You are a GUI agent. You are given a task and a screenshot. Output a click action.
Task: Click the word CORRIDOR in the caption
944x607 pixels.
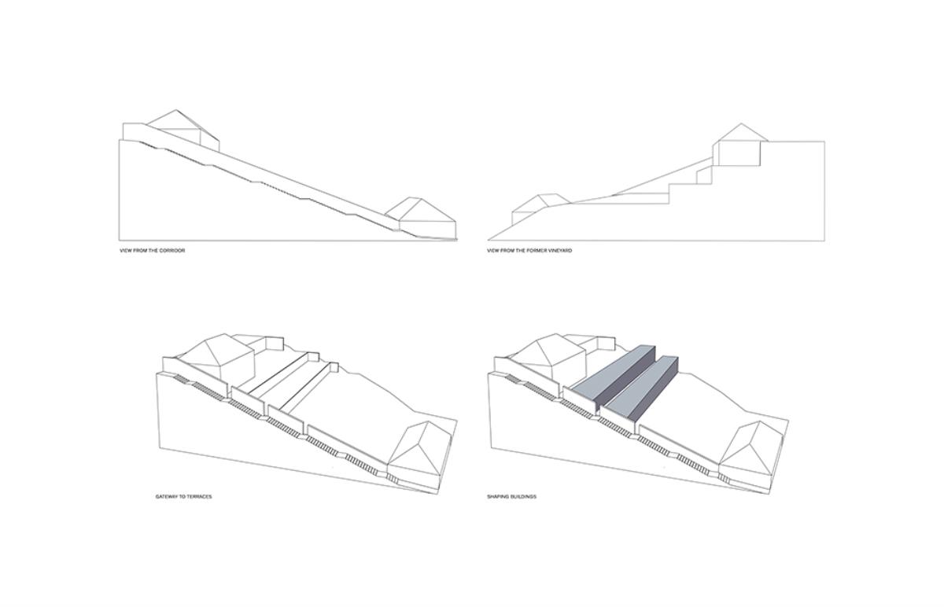click(172, 251)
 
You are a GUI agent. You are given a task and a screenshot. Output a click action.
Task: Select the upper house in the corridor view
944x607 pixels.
click(183, 130)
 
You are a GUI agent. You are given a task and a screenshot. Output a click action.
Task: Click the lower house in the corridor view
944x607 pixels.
click(421, 217)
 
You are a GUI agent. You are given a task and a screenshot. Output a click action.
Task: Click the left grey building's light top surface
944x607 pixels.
click(611, 373)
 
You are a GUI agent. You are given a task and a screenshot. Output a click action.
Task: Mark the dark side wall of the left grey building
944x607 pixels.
click(627, 380)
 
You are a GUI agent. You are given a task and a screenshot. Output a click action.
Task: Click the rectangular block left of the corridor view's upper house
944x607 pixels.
click(134, 132)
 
